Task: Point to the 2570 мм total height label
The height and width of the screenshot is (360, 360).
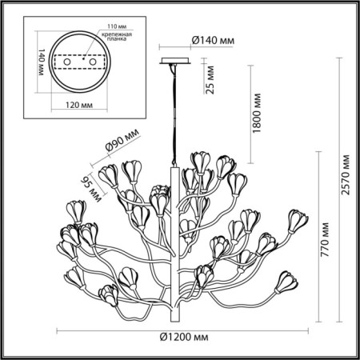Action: tap(345, 177)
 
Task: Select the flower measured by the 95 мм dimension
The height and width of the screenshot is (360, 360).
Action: tap(109, 175)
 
